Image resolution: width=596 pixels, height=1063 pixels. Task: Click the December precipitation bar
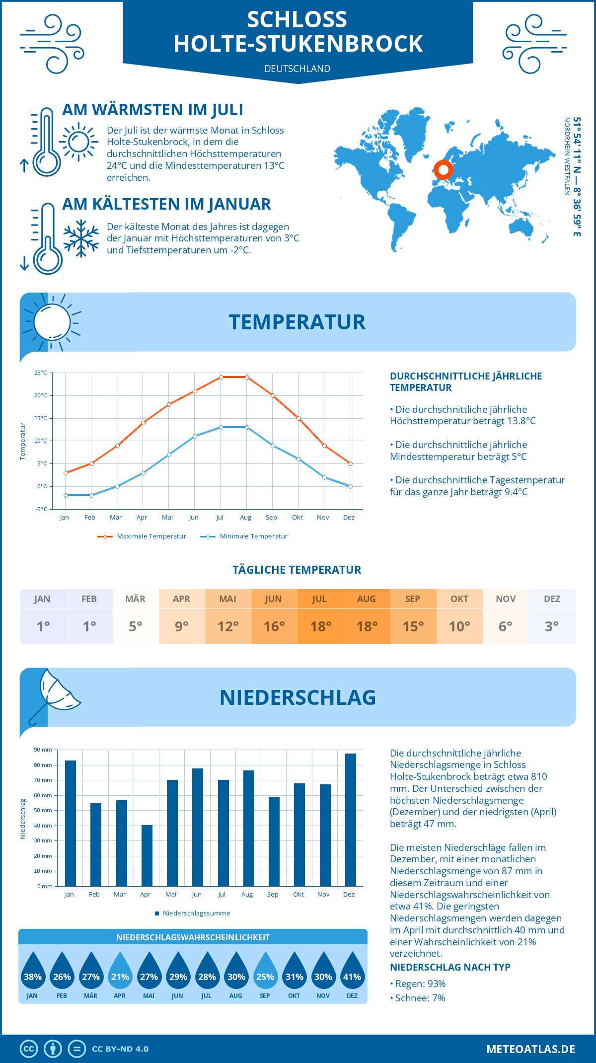[351, 820]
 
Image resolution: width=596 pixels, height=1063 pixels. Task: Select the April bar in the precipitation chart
[147, 855]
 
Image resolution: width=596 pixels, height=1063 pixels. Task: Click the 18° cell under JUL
[320, 626]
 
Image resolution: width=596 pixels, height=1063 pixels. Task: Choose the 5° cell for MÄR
[136, 626]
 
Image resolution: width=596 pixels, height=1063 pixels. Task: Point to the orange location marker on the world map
[443, 170]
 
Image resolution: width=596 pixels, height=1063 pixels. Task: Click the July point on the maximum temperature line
[221, 377]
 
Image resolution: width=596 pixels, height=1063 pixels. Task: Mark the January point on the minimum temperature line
[66, 495]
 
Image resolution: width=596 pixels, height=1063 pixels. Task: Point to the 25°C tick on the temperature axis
[41, 373]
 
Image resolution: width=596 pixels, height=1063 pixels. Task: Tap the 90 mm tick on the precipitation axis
[43, 750]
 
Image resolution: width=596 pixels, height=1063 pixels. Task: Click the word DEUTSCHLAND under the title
[297, 69]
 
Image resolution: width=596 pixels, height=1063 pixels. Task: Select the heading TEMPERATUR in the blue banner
[297, 322]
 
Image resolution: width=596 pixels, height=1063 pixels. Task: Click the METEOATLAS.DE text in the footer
[530, 1049]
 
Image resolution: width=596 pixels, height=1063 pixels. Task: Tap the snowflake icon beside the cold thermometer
[81, 238]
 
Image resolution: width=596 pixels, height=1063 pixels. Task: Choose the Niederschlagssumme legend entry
[196, 913]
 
